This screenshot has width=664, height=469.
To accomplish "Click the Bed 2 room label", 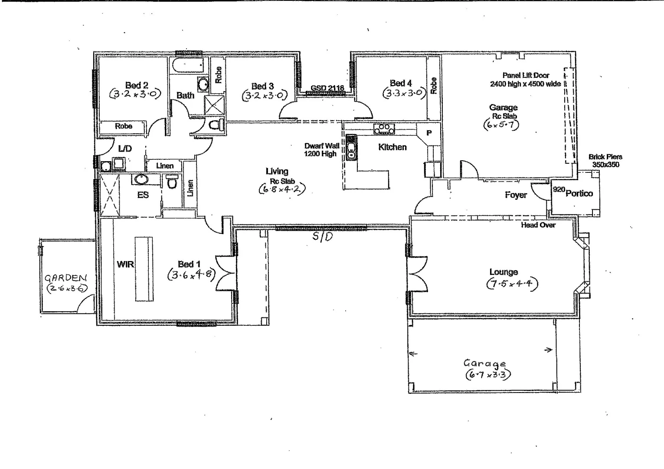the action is [137, 85].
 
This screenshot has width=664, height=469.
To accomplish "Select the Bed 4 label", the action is [400, 83].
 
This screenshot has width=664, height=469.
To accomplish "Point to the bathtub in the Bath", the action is [188, 66].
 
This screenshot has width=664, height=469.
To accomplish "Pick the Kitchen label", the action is [392, 147].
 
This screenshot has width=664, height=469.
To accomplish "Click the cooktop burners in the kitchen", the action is [384, 129].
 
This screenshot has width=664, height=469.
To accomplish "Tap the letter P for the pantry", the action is [429, 133].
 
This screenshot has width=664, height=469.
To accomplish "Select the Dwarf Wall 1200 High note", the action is [321, 150].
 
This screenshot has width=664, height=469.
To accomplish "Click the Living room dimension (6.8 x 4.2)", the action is [282, 189].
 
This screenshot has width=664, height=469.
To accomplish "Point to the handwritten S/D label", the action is [323, 237].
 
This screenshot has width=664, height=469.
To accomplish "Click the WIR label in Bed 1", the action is [125, 264].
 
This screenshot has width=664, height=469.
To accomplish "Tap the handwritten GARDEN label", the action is [66, 278].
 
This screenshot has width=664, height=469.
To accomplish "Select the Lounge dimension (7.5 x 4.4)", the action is [512, 284].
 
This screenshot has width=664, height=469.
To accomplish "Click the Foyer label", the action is [516, 195].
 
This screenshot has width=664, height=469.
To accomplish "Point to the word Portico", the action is [579, 193].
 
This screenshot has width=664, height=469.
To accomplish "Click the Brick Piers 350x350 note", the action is [605, 161].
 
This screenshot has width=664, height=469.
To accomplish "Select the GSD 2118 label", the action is [327, 88].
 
